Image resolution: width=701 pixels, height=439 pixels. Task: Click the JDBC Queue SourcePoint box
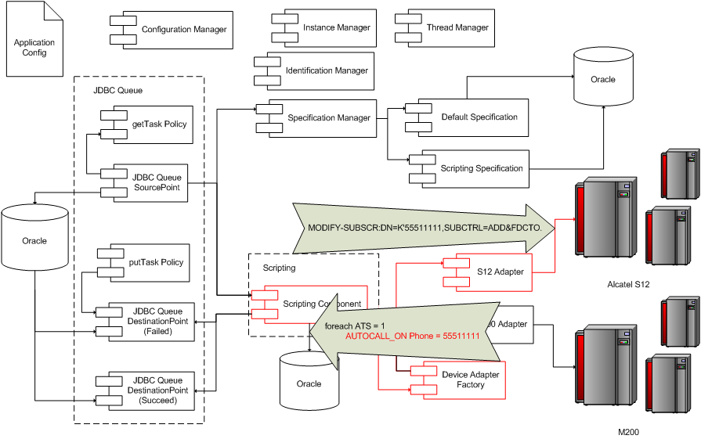click(x=149, y=182)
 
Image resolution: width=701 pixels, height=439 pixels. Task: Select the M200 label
click(x=628, y=432)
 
